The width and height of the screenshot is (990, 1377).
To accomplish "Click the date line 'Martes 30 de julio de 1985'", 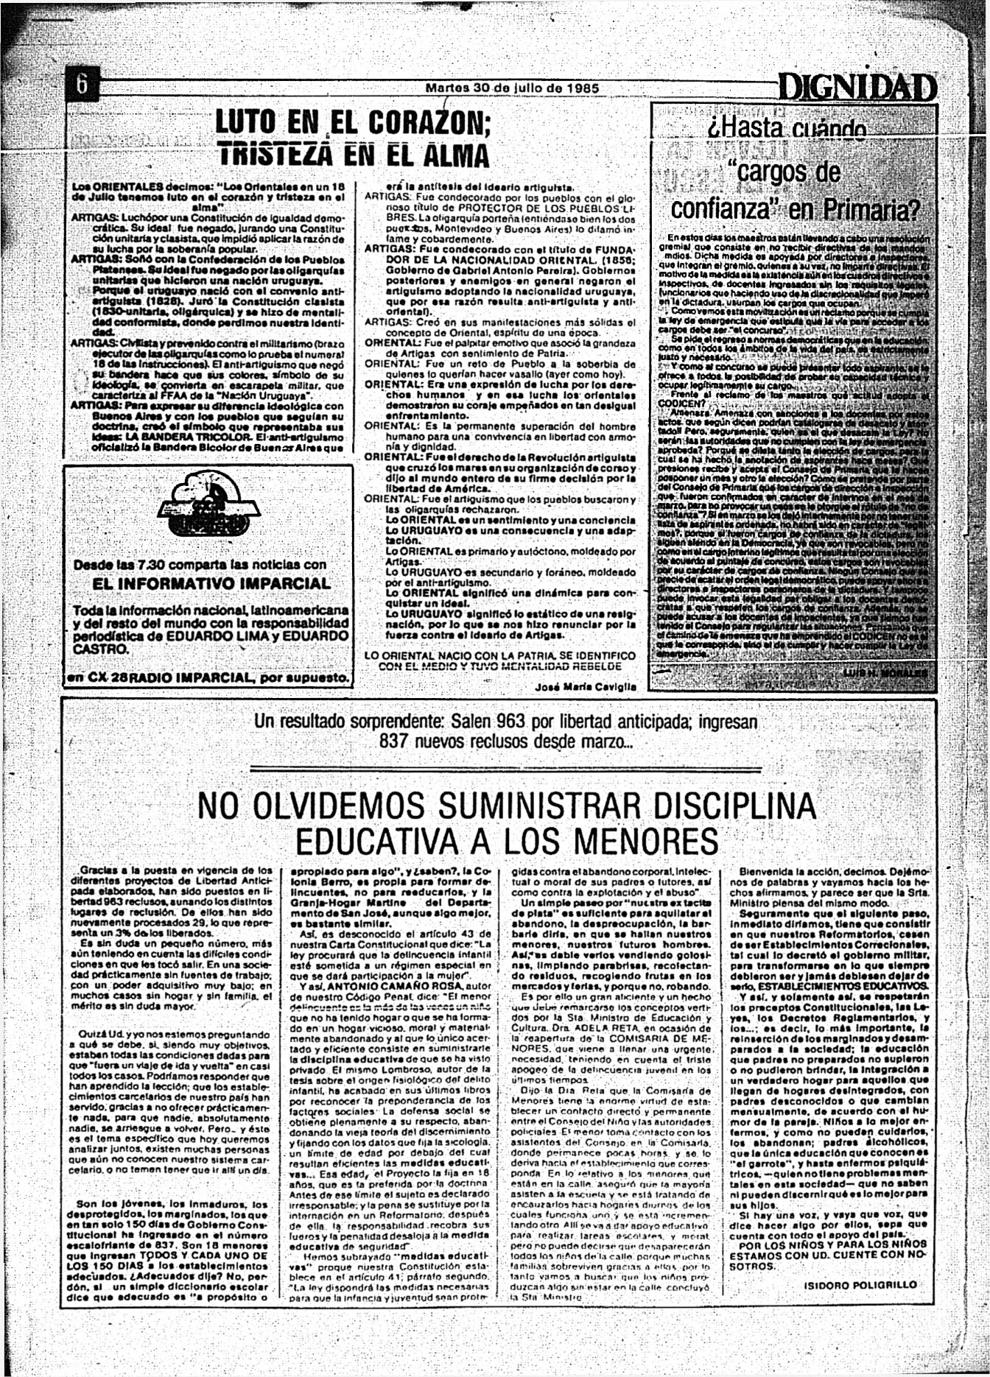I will (x=512, y=88).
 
